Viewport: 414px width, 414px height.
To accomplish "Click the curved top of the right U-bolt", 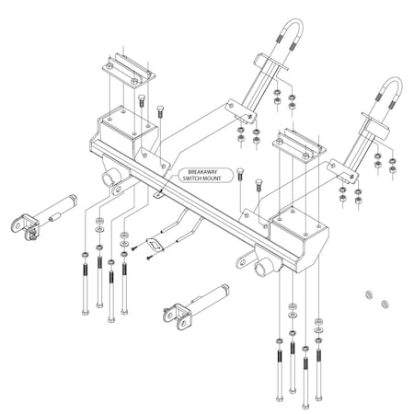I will (x=385, y=88).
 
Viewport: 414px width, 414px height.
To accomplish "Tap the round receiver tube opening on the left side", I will (x=112, y=176).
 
